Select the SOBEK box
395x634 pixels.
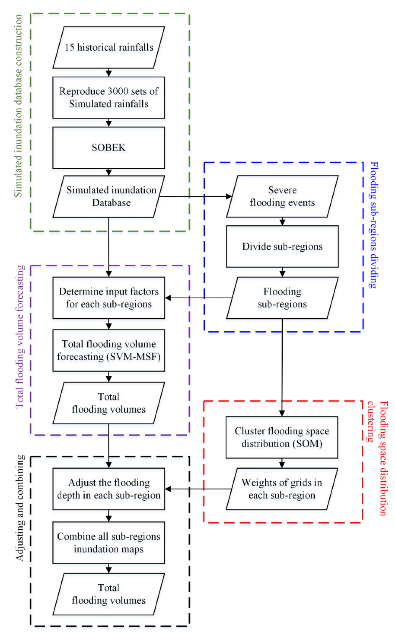(109, 148)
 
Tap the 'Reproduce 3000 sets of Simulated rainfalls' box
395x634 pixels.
(109, 97)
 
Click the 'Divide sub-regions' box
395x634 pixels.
(282, 246)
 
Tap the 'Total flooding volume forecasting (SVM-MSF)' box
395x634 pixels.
(109, 350)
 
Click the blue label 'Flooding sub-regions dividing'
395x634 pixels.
(374, 225)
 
